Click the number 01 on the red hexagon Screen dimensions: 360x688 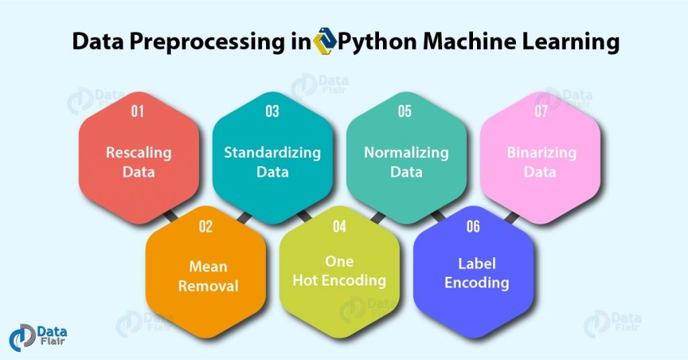(x=138, y=111)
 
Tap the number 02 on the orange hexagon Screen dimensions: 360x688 (x=206, y=226)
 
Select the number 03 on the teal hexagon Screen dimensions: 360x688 (x=272, y=111)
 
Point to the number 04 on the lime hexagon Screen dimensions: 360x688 (x=339, y=226)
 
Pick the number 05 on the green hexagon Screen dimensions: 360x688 (x=404, y=111)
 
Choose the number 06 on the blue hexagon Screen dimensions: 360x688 (x=473, y=226)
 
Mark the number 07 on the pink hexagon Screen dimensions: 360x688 (x=541, y=111)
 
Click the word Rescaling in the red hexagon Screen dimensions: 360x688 (x=138, y=153)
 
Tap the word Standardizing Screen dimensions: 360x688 (x=272, y=152)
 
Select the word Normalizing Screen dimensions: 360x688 (x=406, y=152)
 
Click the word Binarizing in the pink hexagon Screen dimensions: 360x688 (x=541, y=152)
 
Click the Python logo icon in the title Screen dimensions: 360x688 (x=325, y=42)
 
